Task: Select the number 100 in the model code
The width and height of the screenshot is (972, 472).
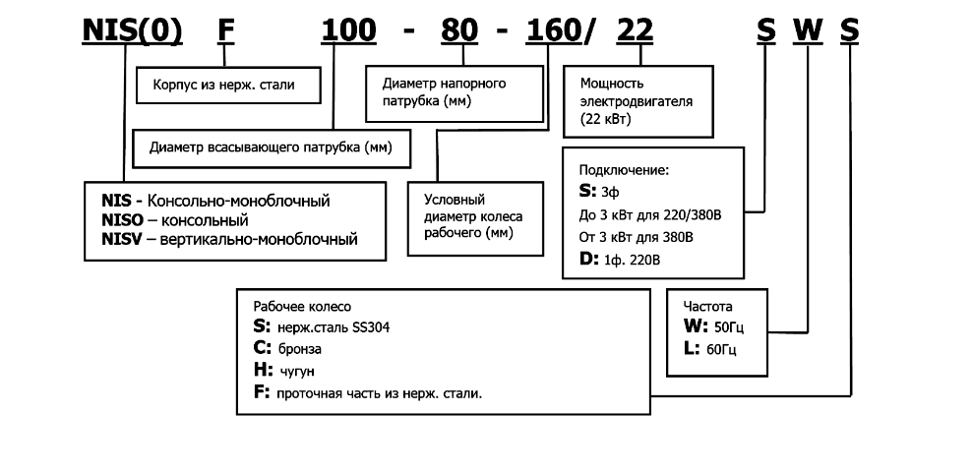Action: tap(349, 30)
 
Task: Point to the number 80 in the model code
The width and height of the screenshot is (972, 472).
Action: tap(458, 30)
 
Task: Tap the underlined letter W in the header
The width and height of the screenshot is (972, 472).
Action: tap(807, 30)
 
